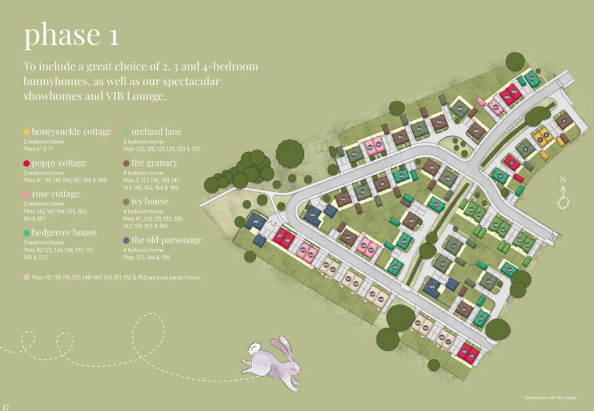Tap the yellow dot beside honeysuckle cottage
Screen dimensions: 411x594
pyautogui.click(x=26, y=132)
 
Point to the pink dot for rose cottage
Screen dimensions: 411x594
pyautogui.click(x=26, y=194)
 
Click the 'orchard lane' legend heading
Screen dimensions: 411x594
pyautogui.click(x=156, y=132)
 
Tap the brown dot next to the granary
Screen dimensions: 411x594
pyautogui.click(x=126, y=163)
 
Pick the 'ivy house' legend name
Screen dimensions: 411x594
pyautogui.click(x=150, y=201)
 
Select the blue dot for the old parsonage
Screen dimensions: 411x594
pyautogui.click(x=126, y=240)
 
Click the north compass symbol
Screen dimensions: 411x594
pyautogui.click(x=563, y=202)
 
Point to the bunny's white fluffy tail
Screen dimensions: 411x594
pyautogui.click(x=253, y=349)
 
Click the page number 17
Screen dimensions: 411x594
pyautogui.click(x=6, y=406)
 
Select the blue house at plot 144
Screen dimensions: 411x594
pyautogui.click(x=312, y=215)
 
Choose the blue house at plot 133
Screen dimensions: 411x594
pyautogui.click(x=432, y=286)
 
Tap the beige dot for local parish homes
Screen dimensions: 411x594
pyautogui.click(x=26, y=277)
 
